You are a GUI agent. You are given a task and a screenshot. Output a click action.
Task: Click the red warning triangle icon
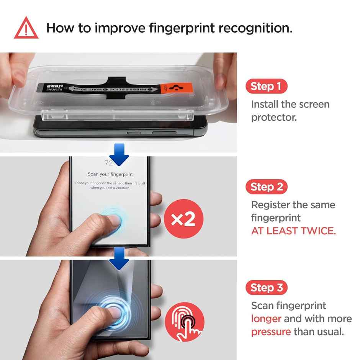(26, 29)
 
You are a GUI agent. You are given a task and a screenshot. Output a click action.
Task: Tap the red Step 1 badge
(266, 87)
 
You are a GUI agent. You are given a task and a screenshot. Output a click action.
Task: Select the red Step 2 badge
(266, 187)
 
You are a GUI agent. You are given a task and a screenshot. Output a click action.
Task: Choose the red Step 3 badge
(266, 288)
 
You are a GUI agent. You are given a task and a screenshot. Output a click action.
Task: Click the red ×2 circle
(184, 219)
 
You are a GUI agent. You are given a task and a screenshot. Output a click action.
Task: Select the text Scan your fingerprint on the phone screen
(110, 174)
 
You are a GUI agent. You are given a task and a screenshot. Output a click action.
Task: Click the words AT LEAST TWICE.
(293, 231)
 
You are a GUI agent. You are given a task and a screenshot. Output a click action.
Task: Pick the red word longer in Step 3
(266, 319)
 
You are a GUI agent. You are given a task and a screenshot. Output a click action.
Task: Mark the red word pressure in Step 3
(271, 332)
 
